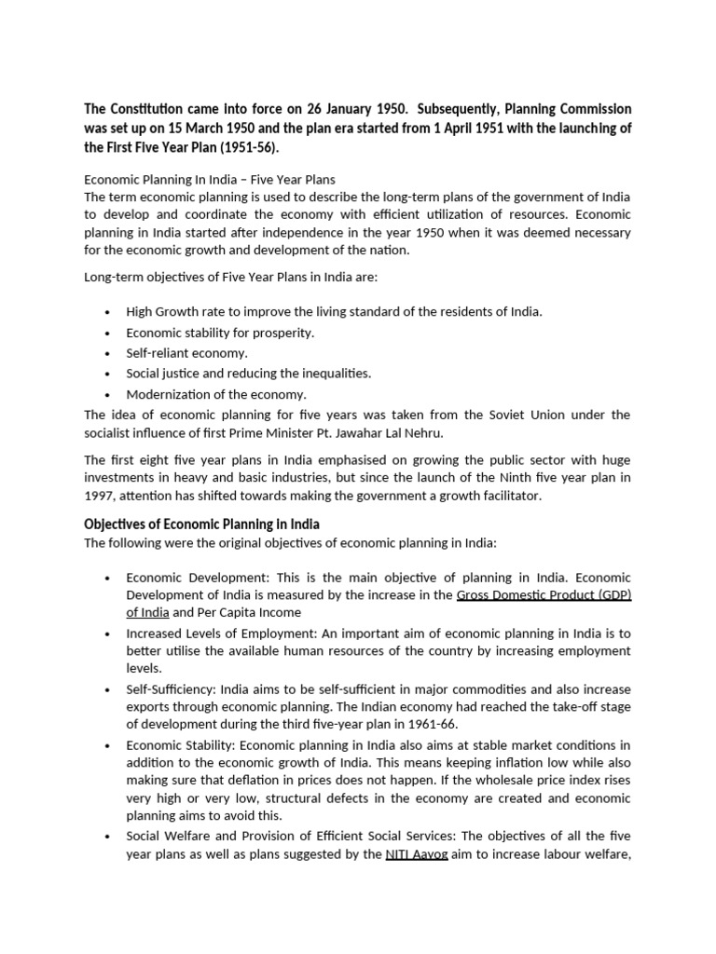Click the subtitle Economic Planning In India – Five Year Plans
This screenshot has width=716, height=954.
tap(210, 178)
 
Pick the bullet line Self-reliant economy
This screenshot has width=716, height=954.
tap(186, 353)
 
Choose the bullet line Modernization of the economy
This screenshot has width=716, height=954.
tap(216, 394)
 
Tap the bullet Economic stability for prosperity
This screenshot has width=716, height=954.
tap(220, 333)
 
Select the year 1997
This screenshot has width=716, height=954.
tap(100, 496)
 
